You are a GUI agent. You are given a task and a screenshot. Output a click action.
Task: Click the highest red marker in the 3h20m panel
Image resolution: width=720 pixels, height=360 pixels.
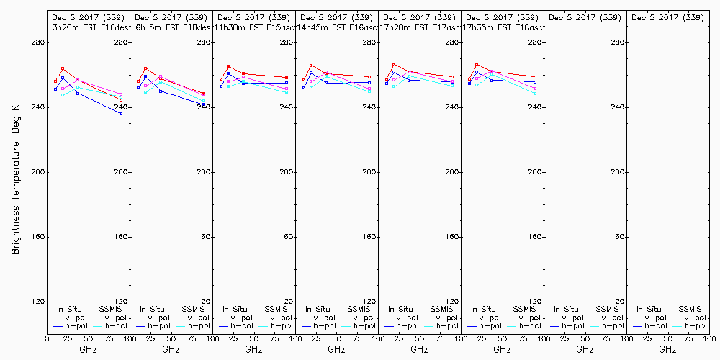[63, 68]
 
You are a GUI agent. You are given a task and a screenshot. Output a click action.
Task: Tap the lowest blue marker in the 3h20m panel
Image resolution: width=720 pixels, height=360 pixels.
[121, 114]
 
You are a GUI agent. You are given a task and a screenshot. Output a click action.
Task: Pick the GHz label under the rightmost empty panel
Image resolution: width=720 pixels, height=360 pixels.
[667, 349]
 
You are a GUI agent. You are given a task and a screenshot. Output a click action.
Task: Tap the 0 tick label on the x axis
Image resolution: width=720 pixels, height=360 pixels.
[47, 338]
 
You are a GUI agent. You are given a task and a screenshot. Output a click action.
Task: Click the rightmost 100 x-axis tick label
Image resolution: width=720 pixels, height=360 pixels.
[708, 338]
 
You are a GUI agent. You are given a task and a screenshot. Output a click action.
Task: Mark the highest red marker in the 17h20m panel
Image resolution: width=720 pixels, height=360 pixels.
[394, 65]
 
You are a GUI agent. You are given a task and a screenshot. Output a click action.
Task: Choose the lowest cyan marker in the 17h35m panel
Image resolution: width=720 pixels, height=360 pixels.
[535, 94]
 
